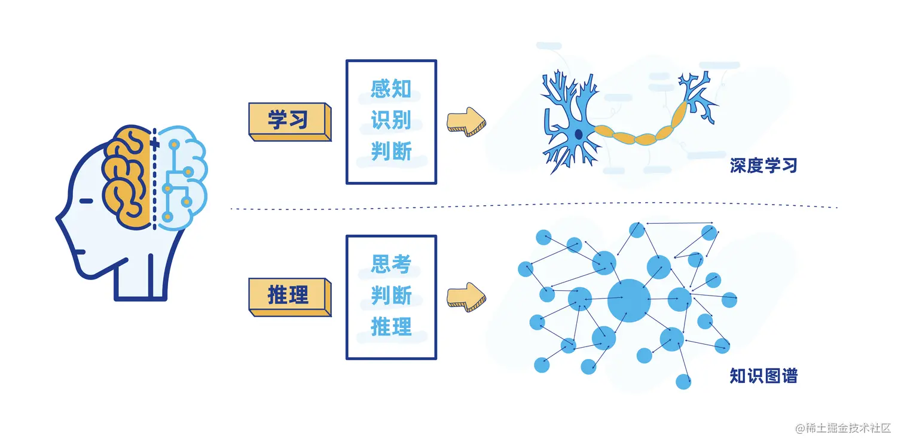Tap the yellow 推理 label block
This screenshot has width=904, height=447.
(288, 296)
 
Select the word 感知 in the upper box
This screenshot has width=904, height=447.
(391, 89)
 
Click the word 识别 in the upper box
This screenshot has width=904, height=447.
(391, 121)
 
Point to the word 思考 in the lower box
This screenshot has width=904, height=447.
(391, 264)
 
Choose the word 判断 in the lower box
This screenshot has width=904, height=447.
(391, 296)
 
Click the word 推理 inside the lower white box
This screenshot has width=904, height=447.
(391, 327)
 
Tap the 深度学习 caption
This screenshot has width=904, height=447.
(763, 166)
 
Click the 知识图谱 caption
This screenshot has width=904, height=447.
(763, 376)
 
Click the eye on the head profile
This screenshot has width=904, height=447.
(86, 201)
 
